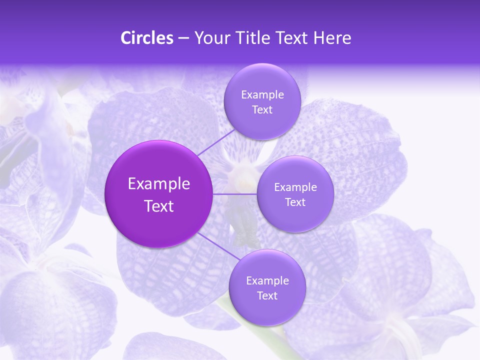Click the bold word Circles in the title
[x=146, y=38]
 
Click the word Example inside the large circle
[x=159, y=184]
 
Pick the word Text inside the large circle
[x=159, y=206]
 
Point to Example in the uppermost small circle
[x=262, y=95]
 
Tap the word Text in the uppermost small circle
[x=262, y=110]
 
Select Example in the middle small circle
[x=295, y=187]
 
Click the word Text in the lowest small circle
[x=267, y=296]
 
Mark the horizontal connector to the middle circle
[x=235, y=194]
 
